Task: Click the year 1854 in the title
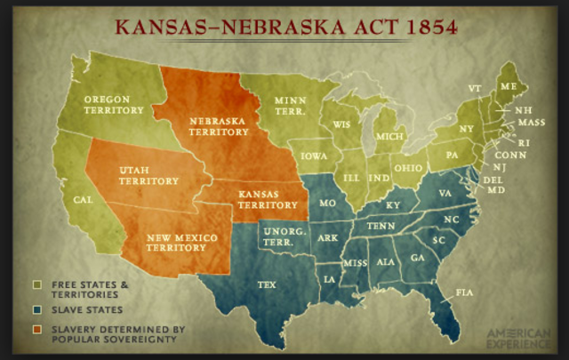pyautogui.click(x=425, y=26)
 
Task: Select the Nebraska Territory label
pyautogui.click(x=220, y=125)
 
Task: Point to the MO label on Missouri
pyautogui.click(x=327, y=204)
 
